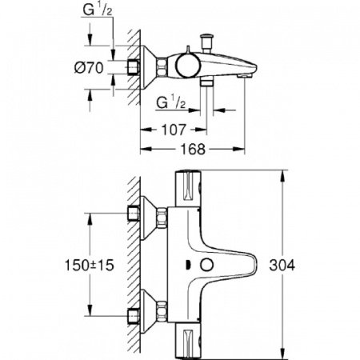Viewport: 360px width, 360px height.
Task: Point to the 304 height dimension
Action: pyautogui.click(x=299, y=265)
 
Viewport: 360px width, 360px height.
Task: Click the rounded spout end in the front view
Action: pyautogui.click(x=254, y=264)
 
